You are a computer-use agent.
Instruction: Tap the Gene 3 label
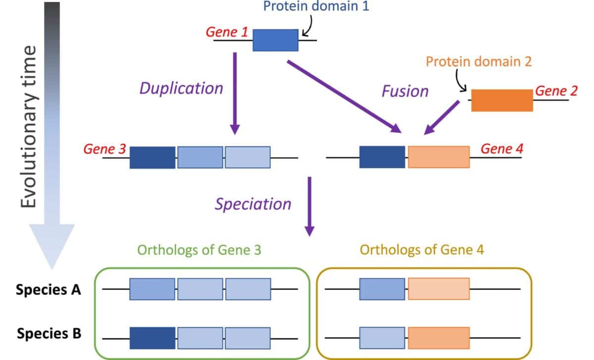(x=104, y=149)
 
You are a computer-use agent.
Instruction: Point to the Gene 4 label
(x=502, y=148)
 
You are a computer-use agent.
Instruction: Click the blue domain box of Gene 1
(x=276, y=40)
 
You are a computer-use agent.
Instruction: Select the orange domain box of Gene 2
(x=501, y=101)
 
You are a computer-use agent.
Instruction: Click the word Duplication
(x=181, y=88)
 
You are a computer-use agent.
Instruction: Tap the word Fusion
(x=404, y=91)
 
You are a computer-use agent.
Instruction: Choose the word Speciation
(x=253, y=204)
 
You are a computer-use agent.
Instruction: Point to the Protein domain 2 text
(x=479, y=62)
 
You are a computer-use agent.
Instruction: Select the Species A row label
(x=49, y=290)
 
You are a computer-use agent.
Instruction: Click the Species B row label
(x=49, y=333)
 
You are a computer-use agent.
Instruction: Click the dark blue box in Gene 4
(x=382, y=157)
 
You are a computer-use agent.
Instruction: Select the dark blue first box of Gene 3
(x=152, y=157)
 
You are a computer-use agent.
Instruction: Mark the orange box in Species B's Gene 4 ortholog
(x=439, y=338)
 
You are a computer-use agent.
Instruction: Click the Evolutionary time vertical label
(x=30, y=126)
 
